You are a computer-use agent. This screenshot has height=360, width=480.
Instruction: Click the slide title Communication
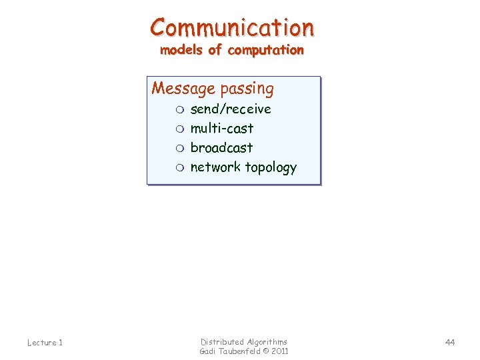[232, 27]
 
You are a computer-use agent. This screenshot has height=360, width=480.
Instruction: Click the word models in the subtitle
[180, 50]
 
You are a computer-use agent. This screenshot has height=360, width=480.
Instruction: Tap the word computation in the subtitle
[265, 50]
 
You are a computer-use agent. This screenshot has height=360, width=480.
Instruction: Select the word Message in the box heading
[174, 89]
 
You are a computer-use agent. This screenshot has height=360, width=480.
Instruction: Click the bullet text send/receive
[231, 109]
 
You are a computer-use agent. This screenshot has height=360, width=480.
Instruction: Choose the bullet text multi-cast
[222, 128]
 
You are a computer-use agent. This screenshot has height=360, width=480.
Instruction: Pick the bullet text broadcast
[221, 147]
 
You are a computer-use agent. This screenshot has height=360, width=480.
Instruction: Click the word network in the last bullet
[215, 167]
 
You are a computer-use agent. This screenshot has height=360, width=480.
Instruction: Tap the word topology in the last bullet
[270, 168]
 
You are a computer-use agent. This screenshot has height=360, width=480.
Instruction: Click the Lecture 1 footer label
[45, 343]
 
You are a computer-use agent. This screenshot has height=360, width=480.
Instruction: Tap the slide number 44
[450, 342]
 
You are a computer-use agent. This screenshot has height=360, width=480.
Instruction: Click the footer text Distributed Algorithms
[244, 341]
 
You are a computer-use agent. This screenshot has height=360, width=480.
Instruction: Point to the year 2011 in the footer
[279, 351]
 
